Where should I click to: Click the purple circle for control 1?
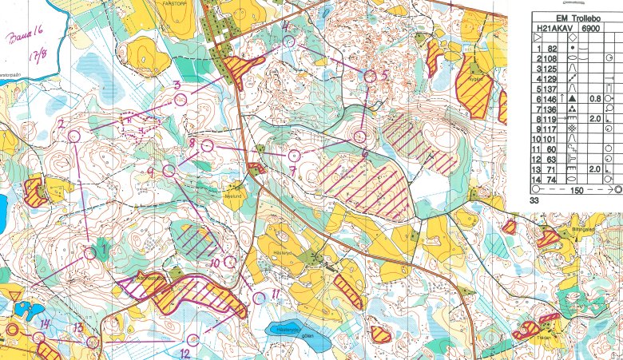[89, 252]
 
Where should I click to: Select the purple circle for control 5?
[370, 76]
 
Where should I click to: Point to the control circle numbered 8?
[207, 146]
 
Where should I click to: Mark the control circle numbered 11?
[258, 297]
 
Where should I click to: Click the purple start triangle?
[15, 297]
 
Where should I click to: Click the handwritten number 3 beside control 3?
[177, 84]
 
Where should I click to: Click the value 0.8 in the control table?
[595, 98]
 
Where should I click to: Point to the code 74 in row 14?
[552, 181]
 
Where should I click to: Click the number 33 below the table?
[536, 204]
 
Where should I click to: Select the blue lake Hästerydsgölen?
[285, 330]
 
